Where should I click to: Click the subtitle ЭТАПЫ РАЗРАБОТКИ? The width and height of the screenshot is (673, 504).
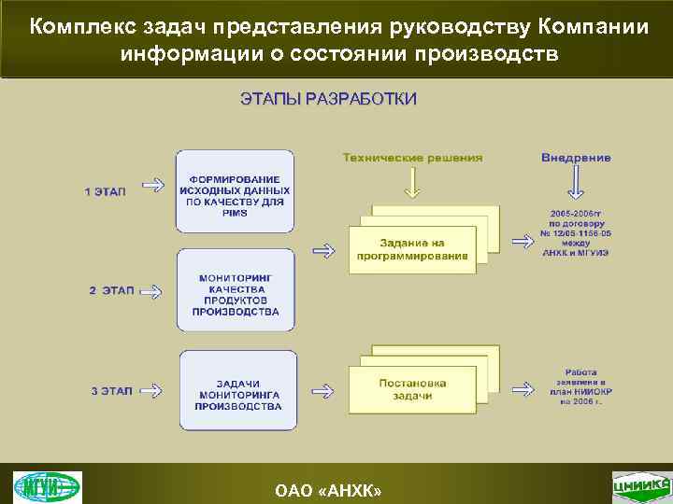point(328,99)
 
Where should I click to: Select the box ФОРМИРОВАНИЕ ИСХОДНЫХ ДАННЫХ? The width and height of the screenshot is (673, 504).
point(235,190)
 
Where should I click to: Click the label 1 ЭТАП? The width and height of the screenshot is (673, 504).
point(105,191)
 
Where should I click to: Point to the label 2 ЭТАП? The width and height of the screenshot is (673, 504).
point(105,290)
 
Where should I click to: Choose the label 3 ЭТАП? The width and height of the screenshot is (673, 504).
point(105,391)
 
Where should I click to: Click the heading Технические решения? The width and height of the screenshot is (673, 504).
point(412,158)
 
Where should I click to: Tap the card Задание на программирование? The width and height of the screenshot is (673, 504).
point(412,249)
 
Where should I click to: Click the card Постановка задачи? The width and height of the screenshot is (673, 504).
point(412,389)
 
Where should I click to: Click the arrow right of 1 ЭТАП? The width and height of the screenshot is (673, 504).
point(150,191)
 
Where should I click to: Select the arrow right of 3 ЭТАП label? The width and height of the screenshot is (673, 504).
point(150,391)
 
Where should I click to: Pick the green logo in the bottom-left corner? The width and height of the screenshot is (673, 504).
point(47,487)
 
